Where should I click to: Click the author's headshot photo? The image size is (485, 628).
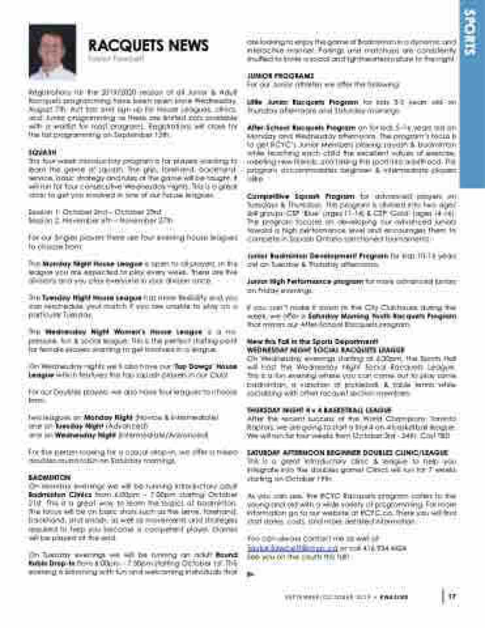pos(53,52)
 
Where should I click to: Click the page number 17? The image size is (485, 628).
pos(452,595)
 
